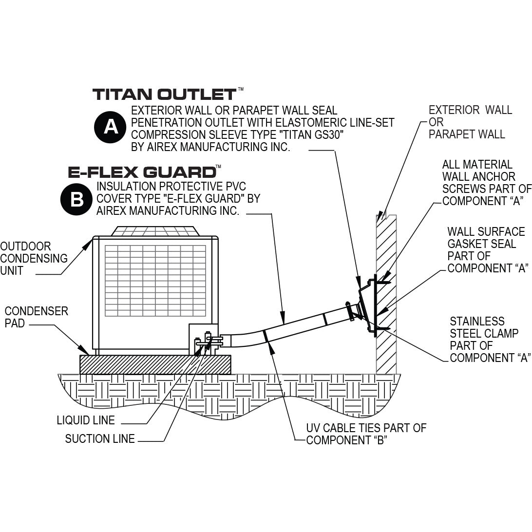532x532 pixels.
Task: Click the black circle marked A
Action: [111, 127]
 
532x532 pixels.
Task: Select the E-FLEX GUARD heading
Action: [142, 171]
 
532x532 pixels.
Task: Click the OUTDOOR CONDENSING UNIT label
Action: [33, 259]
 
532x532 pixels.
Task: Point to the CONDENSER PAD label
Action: [36, 317]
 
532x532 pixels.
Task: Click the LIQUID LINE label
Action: [86, 420]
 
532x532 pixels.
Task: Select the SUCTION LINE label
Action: [100, 439]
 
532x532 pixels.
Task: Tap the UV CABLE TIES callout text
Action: [366, 434]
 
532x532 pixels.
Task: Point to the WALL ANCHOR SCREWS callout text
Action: [485, 183]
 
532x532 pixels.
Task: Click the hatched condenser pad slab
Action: [155, 364]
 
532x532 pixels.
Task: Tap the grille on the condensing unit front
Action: [155, 281]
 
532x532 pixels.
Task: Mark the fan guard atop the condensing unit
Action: [154, 231]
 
